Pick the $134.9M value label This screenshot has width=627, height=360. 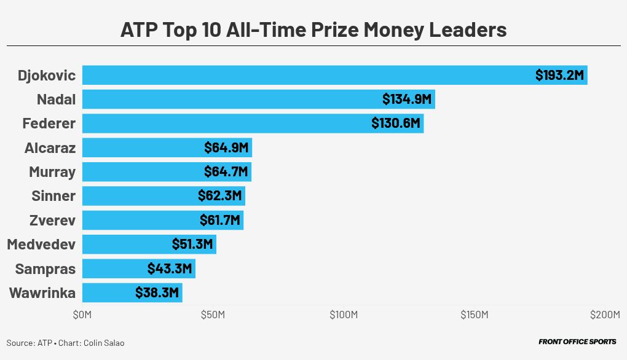point(407,99)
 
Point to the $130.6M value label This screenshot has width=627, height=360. point(396,123)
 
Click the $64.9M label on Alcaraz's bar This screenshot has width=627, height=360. point(226,147)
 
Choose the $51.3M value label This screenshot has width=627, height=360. point(192,245)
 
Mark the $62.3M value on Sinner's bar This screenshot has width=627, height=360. point(220,196)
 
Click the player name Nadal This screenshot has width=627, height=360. point(56,99)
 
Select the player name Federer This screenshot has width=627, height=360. point(49,123)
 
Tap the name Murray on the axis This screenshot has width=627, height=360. point(52,171)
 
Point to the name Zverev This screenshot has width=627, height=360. point(52,220)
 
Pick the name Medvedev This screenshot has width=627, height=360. point(41,245)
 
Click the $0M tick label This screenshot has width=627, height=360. point(82,315)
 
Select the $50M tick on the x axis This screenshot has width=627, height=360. point(213,315)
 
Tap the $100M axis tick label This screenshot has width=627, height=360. point(344,315)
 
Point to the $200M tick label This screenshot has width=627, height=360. point(605,315)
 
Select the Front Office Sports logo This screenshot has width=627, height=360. point(577,342)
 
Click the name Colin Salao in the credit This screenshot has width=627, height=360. point(104,343)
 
